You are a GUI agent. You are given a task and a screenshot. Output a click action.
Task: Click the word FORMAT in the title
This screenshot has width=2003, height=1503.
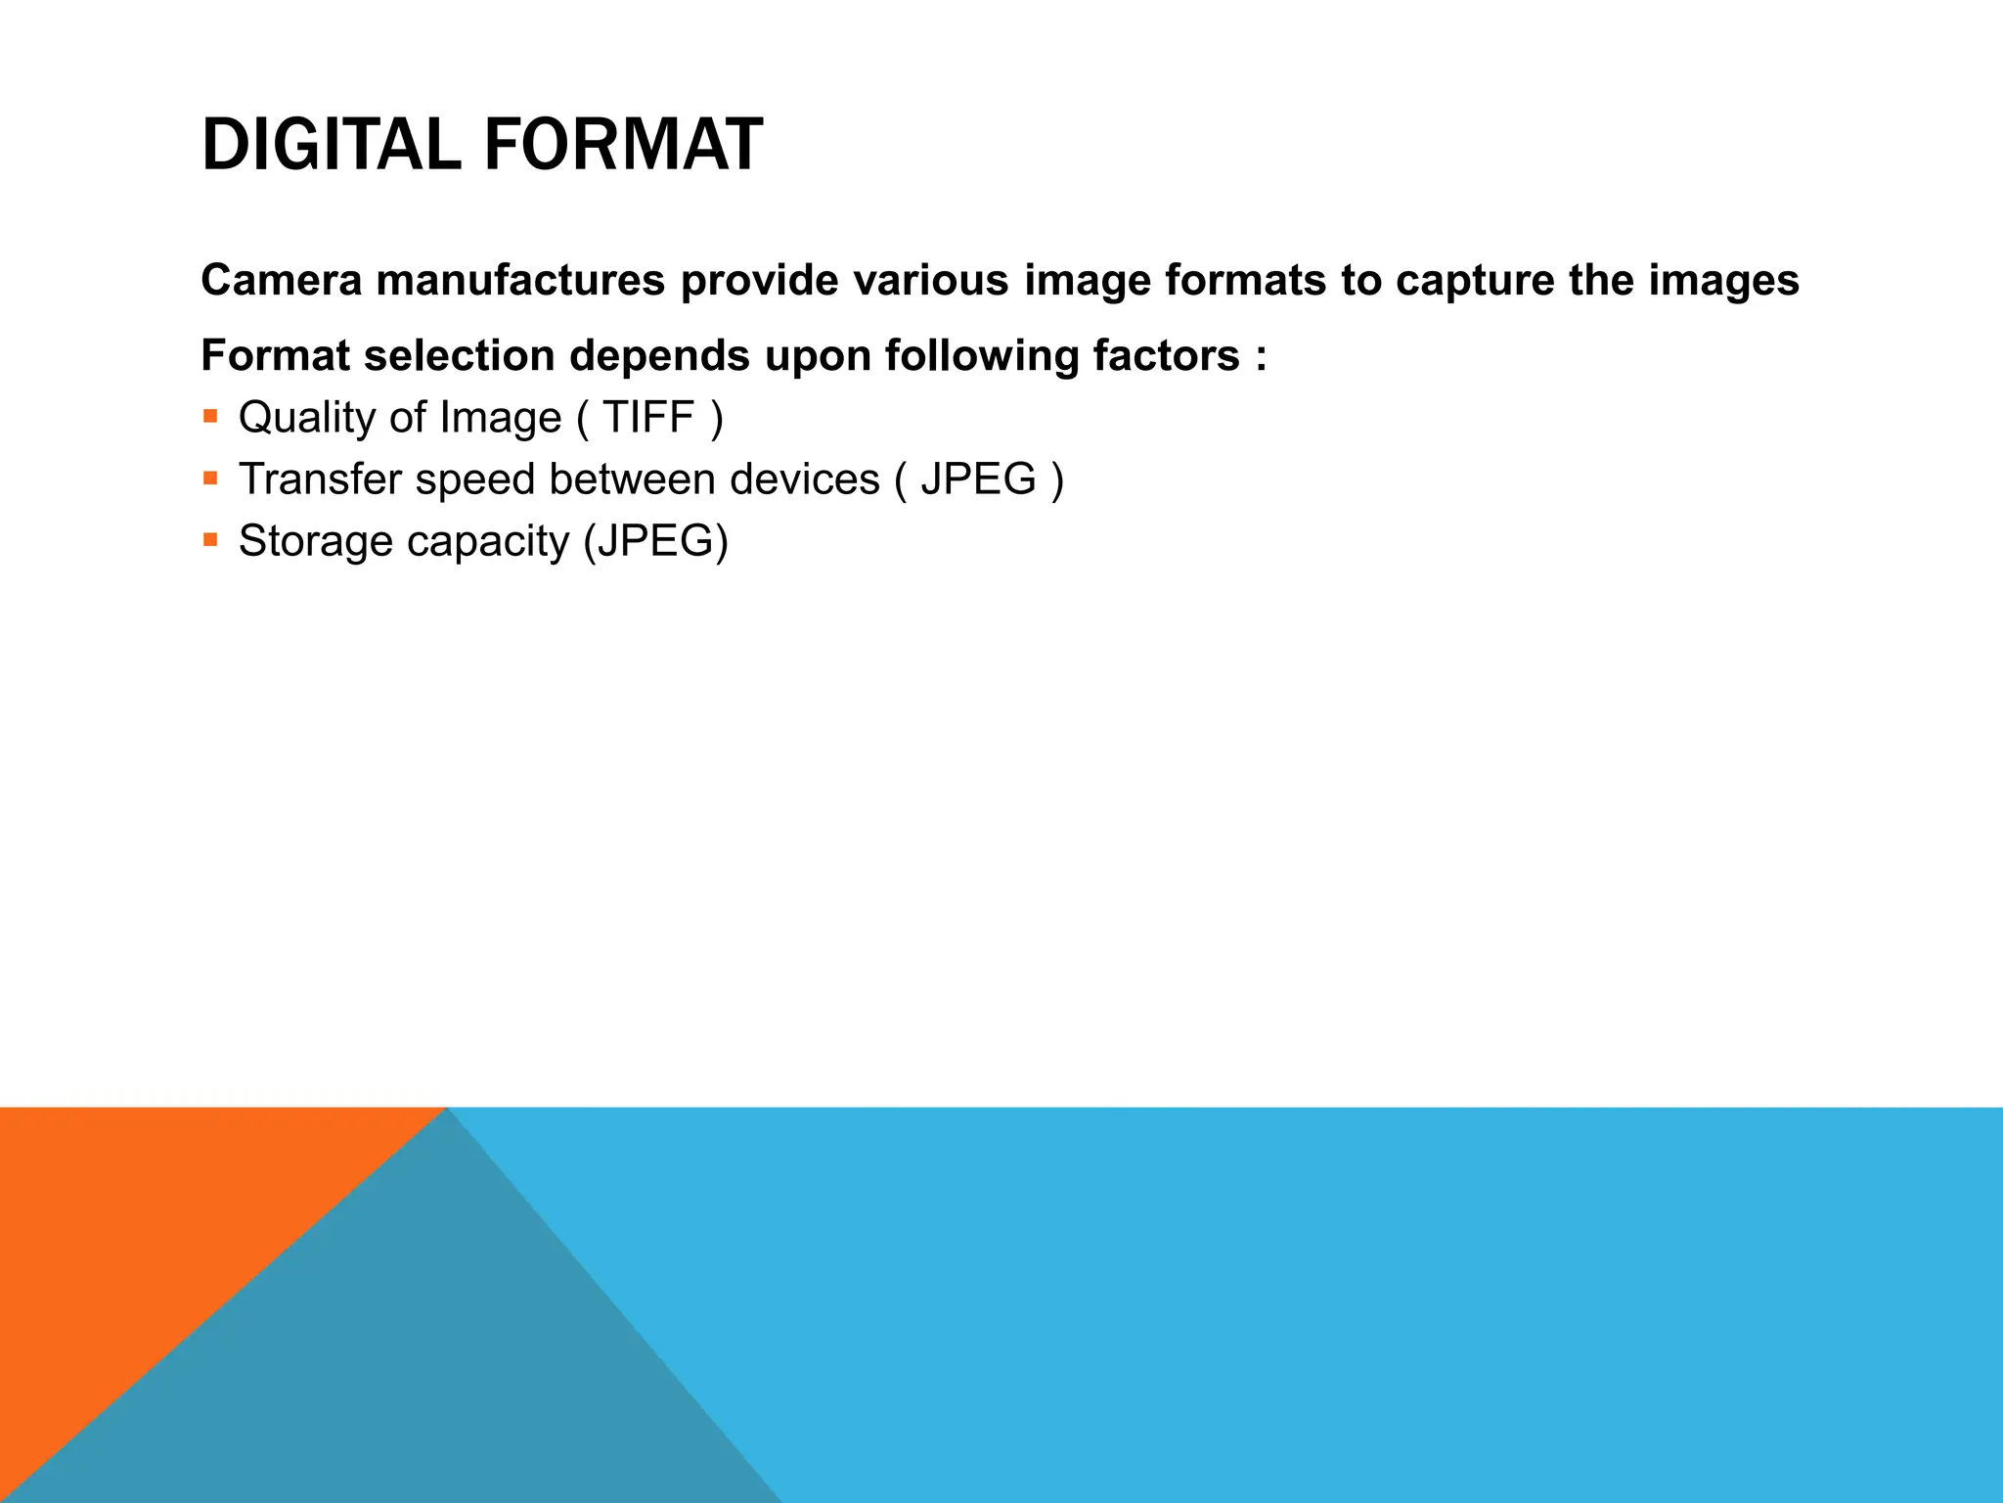pos(622,146)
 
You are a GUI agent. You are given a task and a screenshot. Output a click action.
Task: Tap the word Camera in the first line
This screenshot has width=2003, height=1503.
pos(281,281)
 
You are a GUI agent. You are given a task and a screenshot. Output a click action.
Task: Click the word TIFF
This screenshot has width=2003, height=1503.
pos(648,418)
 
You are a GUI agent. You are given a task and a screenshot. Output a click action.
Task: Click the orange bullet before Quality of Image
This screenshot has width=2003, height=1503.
pos(210,417)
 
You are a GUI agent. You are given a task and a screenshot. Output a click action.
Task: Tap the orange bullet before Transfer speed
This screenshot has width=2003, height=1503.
pos(210,478)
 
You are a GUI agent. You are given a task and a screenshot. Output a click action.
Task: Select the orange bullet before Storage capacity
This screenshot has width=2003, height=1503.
pos(210,540)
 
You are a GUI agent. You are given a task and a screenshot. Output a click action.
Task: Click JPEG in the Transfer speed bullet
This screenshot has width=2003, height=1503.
pos(978,479)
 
